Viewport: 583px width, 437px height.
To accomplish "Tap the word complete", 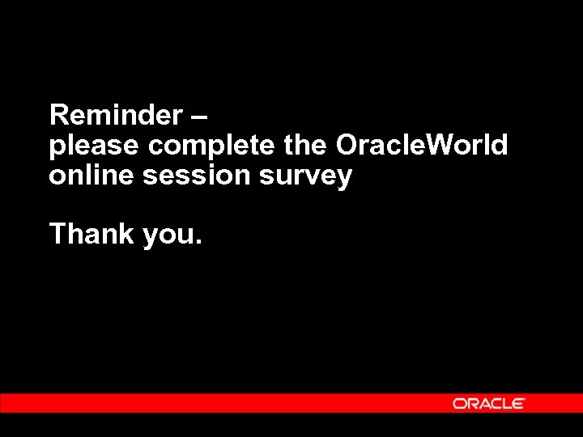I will [x=213, y=147].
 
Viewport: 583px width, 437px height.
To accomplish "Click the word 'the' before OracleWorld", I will [x=306, y=146].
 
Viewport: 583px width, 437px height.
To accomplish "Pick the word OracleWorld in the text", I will [x=422, y=146].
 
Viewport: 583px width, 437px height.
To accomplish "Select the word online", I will [x=91, y=175].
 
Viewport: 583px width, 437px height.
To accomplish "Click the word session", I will [x=198, y=176].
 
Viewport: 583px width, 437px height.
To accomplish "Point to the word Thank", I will [x=91, y=234].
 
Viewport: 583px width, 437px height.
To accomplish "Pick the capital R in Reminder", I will [x=58, y=116].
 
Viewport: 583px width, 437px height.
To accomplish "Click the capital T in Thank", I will [x=57, y=234].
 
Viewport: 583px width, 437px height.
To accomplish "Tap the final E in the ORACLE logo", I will [x=517, y=403].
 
